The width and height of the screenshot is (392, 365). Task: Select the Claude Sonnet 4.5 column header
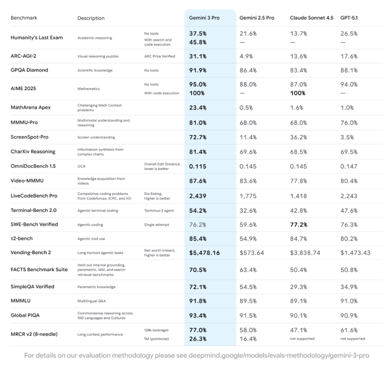[311, 18]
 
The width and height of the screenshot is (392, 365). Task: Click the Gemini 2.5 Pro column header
[257, 18]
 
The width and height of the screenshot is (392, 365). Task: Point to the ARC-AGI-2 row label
[26, 56]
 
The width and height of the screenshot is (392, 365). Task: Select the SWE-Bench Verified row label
[34, 224]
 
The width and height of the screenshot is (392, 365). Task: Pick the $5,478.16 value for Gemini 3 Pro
[205, 253]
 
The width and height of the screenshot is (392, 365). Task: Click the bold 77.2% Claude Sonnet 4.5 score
[299, 225]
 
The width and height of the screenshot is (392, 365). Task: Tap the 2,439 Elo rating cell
[198, 196]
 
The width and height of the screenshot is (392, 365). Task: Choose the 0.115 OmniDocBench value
[198, 165]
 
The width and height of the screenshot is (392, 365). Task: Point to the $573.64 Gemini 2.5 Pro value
[252, 253]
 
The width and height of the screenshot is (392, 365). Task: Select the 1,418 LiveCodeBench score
[298, 196]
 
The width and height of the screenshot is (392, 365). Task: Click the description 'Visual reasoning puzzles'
[98, 56]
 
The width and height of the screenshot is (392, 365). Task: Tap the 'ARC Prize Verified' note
[160, 56]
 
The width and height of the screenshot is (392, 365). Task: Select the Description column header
[91, 18]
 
